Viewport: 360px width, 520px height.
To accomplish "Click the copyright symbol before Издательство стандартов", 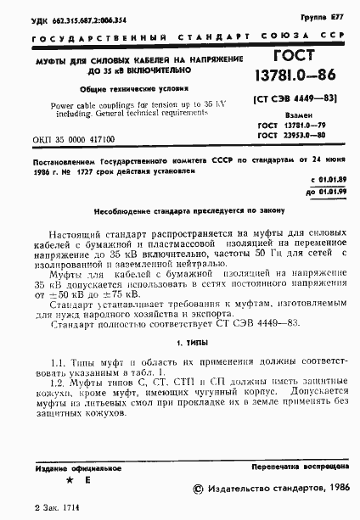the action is pos(200,489).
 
